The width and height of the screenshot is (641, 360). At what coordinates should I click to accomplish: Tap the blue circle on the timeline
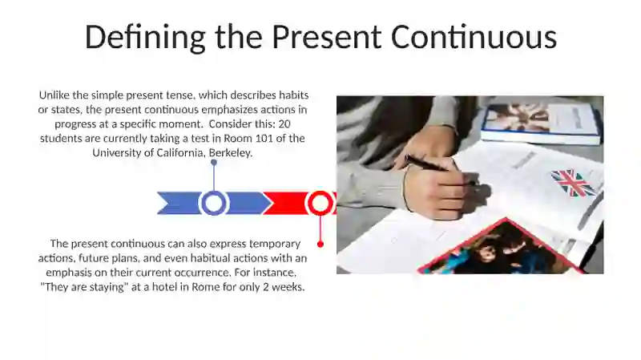click(x=213, y=203)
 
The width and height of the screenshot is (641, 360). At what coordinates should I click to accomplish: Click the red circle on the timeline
click(x=320, y=203)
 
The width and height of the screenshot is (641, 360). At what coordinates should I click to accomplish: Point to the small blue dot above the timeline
click(x=213, y=163)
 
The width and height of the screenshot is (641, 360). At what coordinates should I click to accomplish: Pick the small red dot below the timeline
click(x=320, y=244)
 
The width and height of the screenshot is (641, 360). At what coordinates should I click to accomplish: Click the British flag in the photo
click(x=573, y=182)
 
